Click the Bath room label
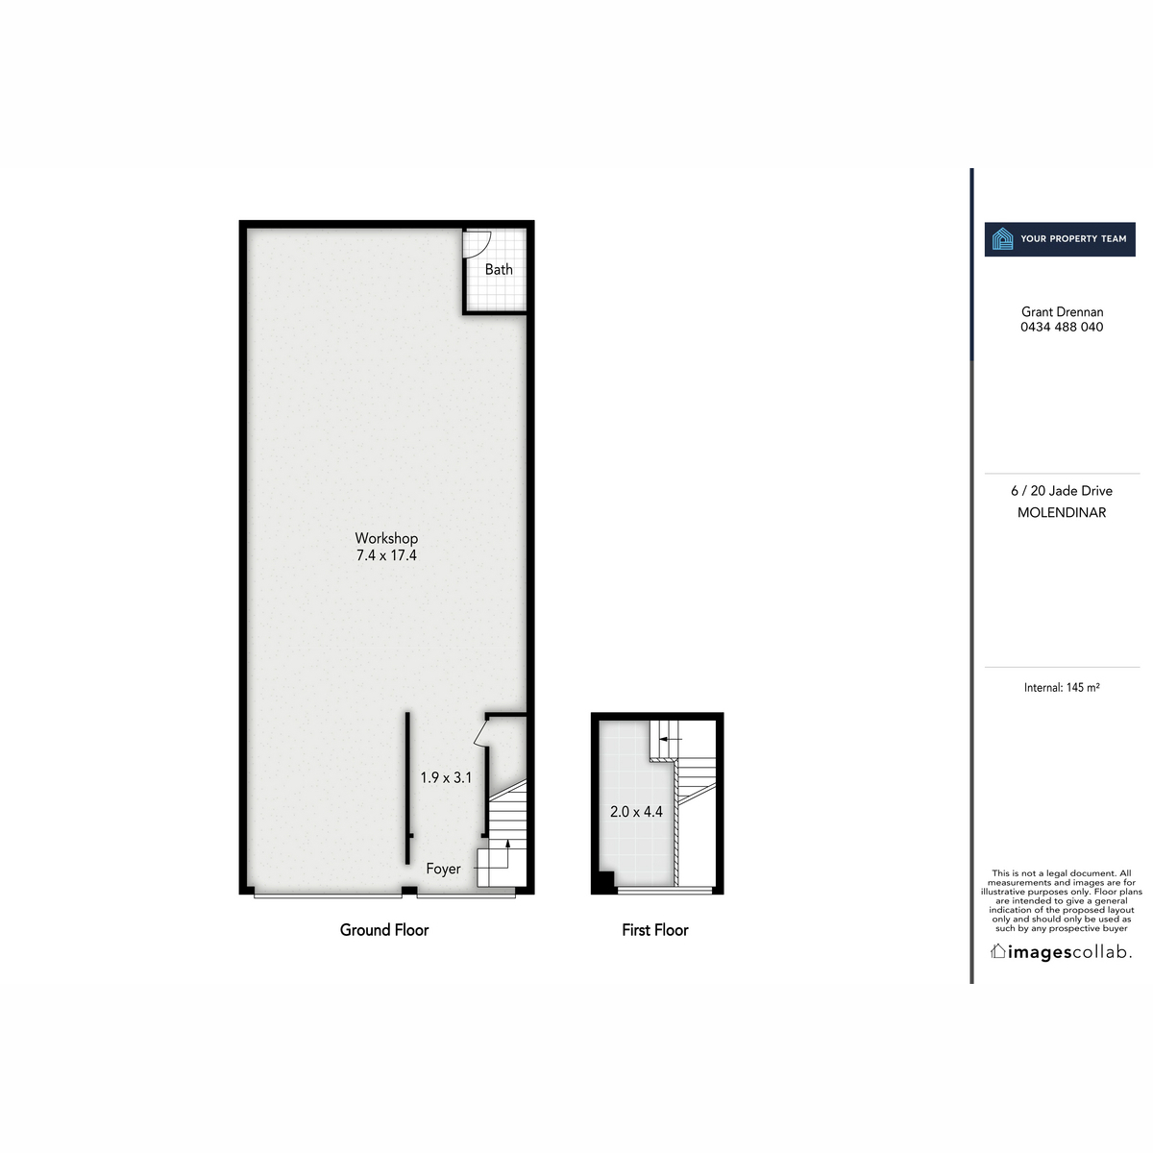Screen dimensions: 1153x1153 [499, 270]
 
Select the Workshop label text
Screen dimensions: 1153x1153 [386, 538]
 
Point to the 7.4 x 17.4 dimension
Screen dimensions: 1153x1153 [386, 555]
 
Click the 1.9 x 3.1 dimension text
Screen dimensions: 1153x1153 [446, 777]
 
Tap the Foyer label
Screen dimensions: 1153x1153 [443, 869]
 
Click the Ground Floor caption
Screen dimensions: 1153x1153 [384, 930]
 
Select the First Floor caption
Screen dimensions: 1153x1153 [655, 930]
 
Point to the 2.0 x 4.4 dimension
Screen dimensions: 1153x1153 [636, 812]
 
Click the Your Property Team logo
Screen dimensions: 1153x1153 [1061, 239]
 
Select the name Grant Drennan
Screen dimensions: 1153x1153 [1062, 311]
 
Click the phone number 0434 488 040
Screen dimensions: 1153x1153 [1062, 327]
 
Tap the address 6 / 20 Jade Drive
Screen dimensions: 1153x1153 [1062, 491]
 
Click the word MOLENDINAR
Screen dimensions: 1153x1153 [1062, 513]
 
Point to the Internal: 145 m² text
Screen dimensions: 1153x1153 [1062, 688]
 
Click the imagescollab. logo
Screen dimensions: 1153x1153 [1062, 952]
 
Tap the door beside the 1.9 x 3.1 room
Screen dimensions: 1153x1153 [481, 735]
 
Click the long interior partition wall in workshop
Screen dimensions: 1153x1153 [407, 788]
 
